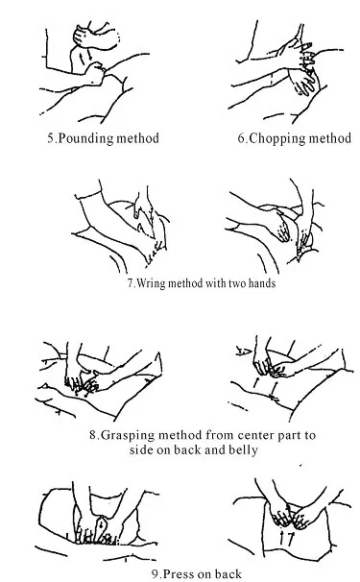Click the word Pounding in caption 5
[x=86, y=139]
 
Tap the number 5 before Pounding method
[x=51, y=138]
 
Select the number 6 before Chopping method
[x=241, y=138]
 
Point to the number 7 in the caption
[x=131, y=283]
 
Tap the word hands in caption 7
[x=262, y=283]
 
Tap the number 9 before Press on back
[x=155, y=574]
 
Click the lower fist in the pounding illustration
[x=94, y=74]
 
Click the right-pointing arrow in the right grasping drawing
[x=244, y=350]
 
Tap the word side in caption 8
[x=141, y=449]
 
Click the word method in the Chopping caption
[x=329, y=138]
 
